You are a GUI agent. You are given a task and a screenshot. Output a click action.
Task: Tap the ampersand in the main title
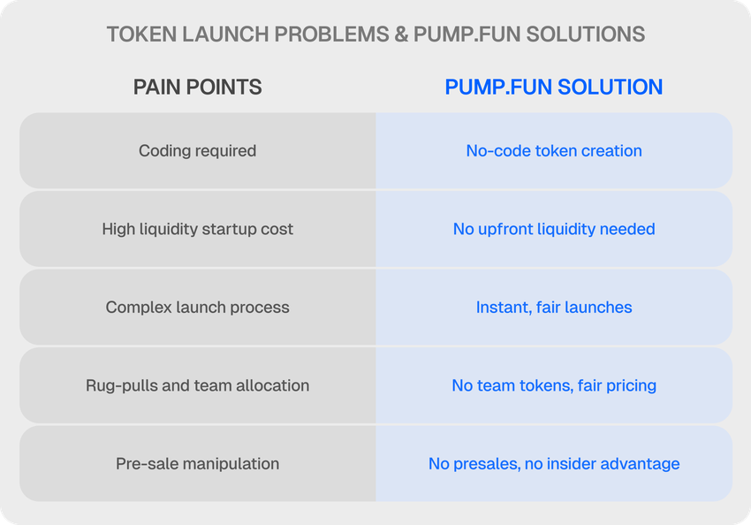tap(400, 34)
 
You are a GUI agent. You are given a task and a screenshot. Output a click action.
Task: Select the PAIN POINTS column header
tap(197, 87)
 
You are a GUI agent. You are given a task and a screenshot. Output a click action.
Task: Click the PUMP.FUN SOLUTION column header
tap(554, 87)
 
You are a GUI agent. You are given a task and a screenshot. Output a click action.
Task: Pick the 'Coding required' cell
tap(197, 151)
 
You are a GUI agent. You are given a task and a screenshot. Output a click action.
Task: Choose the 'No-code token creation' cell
tap(554, 151)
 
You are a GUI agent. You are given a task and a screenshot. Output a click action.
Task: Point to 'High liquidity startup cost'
tap(197, 229)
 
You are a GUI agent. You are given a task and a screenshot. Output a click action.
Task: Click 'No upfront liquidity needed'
tap(554, 229)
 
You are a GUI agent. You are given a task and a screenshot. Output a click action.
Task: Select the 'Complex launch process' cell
tap(197, 307)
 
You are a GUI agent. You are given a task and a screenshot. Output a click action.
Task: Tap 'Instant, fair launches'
tap(554, 307)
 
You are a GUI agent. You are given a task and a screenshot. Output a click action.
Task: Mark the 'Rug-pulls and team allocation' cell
tap(197, 385)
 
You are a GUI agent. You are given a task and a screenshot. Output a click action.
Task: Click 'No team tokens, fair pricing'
tap(554, 385)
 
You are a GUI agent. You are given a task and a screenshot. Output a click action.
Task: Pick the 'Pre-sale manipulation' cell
tap(197, 464)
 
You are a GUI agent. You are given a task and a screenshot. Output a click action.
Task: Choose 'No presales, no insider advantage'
tap(554, 464)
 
